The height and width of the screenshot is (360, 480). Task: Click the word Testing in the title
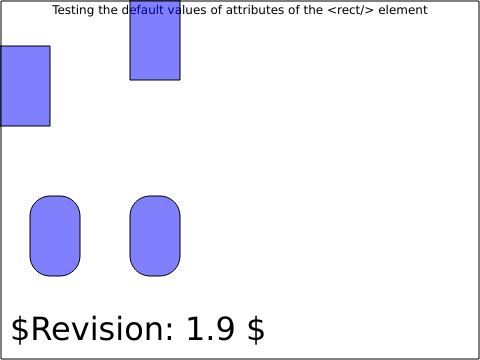[73, 10]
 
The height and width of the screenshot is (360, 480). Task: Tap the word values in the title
[187, 10]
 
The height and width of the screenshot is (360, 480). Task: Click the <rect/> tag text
[351, 10]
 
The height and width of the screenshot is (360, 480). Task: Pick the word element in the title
[403, 10]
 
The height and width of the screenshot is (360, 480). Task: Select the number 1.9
[210, 329]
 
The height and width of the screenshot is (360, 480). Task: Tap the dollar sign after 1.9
[256, 330]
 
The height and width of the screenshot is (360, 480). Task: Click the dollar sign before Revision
[20, 330]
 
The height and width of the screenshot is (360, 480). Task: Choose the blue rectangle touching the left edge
[25, 86]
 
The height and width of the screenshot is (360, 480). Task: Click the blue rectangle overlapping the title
[155, 40]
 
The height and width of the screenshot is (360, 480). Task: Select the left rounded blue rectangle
[55, 236]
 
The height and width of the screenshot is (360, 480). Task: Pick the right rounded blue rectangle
[155, 236]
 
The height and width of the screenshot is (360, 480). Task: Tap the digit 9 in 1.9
[224, 329]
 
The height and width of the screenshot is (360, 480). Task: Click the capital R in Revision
[40, 329]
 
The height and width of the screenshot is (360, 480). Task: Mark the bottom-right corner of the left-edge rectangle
[50, 126]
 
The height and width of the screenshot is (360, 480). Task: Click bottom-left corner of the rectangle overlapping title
[130, 80]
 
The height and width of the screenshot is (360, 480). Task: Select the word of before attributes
[216, 10]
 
